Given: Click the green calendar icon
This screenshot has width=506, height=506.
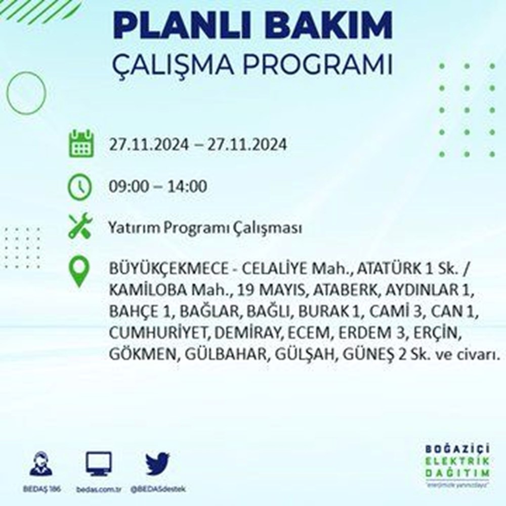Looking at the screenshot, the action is click(81, 144).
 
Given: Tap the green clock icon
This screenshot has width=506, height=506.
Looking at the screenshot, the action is click(80, 187).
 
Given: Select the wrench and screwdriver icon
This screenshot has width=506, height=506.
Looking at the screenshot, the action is click(80, 226).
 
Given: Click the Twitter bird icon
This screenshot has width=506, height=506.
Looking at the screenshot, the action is click(157, 463).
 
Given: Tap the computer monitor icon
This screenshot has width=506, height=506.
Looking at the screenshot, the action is click(99, 463).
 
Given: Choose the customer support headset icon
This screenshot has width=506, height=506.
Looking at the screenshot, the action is click(41, 464).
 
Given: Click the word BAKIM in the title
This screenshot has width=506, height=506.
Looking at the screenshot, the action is click(330, 26).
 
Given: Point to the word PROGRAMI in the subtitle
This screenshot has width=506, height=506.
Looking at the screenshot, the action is click(318, 64).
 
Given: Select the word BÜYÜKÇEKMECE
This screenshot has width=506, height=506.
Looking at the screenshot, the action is click(169, 269).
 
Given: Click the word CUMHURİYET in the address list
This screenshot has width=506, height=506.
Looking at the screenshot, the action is click(159, 333).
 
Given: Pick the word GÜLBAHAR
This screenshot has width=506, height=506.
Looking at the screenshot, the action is click(226, 354).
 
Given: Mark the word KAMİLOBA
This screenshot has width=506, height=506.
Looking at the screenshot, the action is click(147, 290).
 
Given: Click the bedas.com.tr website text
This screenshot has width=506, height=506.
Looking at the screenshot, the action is click(99, 489).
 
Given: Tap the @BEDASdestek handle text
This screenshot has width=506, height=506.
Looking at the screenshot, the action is click(158, 489).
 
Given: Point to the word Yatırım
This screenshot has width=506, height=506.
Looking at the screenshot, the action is click(134, 228).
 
